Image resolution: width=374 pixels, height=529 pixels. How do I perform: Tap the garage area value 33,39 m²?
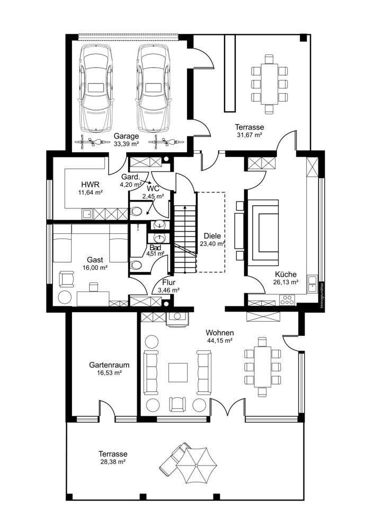click(x=126, y=143)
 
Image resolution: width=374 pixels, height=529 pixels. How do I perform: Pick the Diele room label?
click(x=212, y=236)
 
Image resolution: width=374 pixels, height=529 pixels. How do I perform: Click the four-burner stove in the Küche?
click(x=287, y=300)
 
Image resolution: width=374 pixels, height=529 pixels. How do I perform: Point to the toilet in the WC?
click(x=136, y=212)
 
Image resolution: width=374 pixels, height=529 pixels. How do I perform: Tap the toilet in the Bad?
click(x=137, y=264)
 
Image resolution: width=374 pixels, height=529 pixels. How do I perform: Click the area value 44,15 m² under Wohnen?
click(x=221, y=341)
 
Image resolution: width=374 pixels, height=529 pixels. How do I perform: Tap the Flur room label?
click(x=166, y=282)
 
